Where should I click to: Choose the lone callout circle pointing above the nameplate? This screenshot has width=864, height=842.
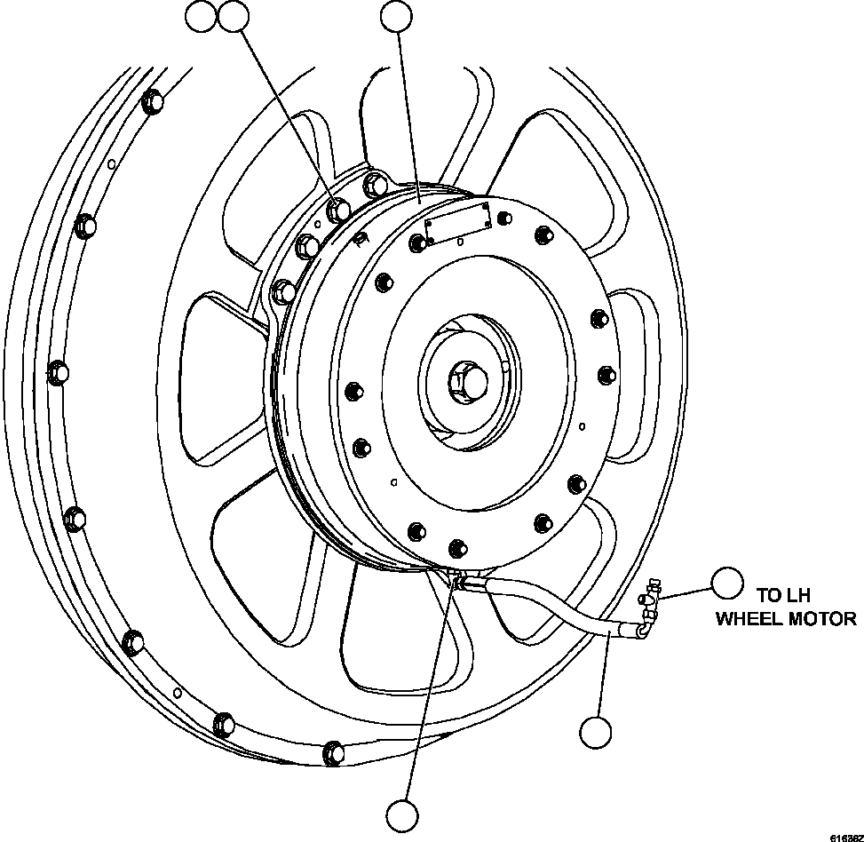396,15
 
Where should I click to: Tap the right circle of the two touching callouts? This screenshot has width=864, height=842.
234,15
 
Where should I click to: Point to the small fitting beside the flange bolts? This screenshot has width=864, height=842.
361,240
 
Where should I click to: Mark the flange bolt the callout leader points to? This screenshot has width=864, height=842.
338,210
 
